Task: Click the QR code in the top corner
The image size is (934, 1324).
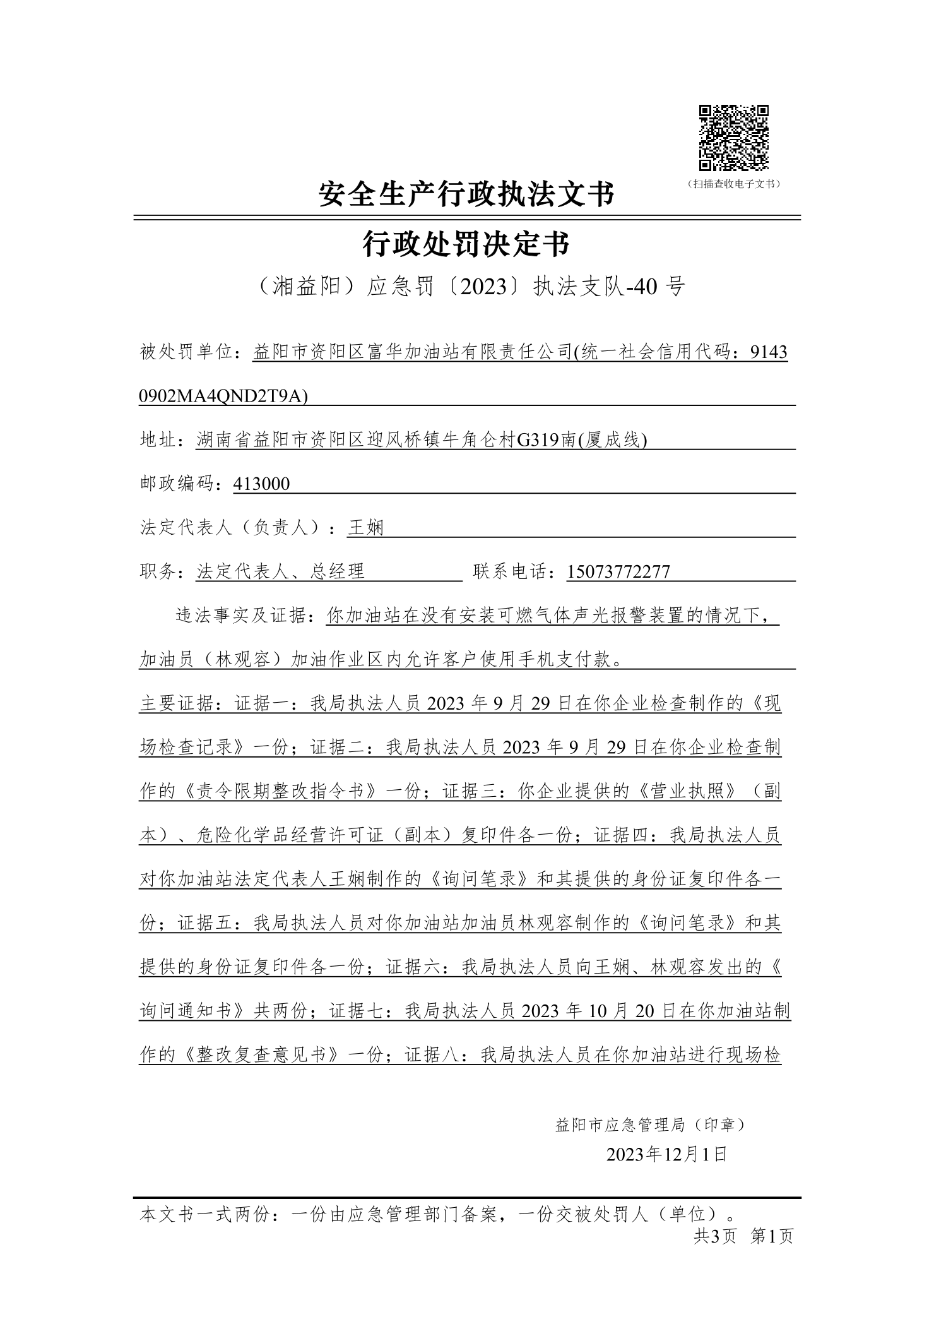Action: click(733, 138)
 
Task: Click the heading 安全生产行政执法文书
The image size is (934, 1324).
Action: click(466, 194)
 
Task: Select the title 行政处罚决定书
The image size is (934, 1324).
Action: click(466, 244)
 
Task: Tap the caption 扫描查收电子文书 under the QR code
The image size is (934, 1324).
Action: click(734, 184)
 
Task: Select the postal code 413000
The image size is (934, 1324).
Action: click(261, 484)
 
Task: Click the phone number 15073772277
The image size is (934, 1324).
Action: click(618, 571)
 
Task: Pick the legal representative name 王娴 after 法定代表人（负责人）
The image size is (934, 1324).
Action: click(365, 527)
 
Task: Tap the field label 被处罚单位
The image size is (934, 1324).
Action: click(186, 352)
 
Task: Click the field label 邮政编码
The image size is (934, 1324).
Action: click(180, 484)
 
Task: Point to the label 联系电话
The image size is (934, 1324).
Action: click(511, 571)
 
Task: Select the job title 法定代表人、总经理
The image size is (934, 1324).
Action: click(281, 571)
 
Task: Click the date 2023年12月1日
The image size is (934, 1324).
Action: click(667, 1155)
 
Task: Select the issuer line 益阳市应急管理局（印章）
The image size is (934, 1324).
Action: click(650, 1124)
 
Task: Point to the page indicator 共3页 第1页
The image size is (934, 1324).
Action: click(743, 1236)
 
